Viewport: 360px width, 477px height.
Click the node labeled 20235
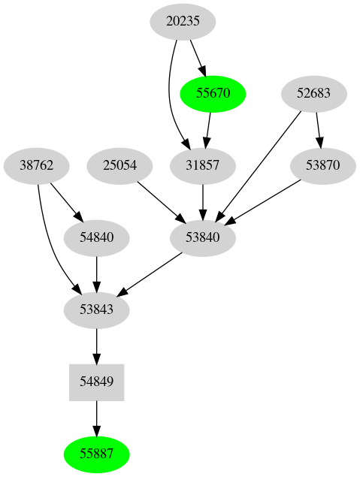tap(183, 22)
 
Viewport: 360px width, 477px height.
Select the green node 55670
tap(213, 94)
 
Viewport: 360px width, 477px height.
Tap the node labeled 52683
tap(314, 94)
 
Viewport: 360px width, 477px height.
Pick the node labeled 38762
tap(36, 165)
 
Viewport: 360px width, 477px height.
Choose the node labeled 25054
tap(120, 165)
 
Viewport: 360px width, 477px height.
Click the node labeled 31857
tap(203, 165)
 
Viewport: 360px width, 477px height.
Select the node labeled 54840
tap(96, 237)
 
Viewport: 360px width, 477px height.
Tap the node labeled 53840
tap(203, 237)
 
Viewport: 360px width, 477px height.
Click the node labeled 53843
tap(96, 309)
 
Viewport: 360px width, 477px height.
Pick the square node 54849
tap(96, 382)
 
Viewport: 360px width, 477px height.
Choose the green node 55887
tap(96, 454)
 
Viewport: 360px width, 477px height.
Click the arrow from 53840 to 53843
tap(150, 273)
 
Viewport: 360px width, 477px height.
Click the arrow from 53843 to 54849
tap(96, 345)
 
